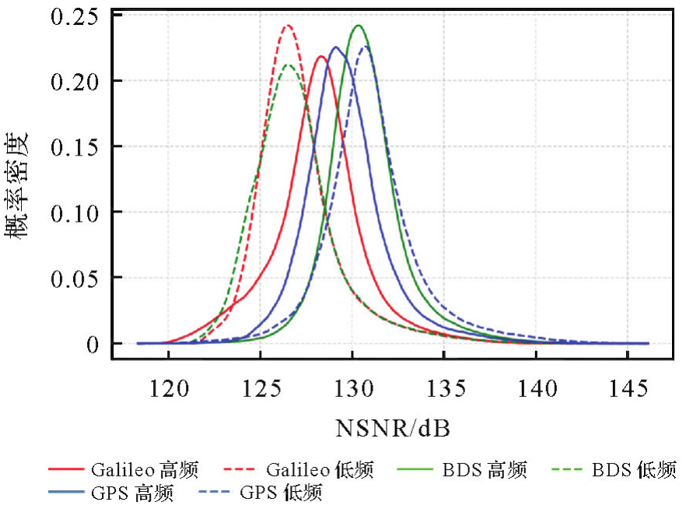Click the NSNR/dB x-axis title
(x=394, y=429)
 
